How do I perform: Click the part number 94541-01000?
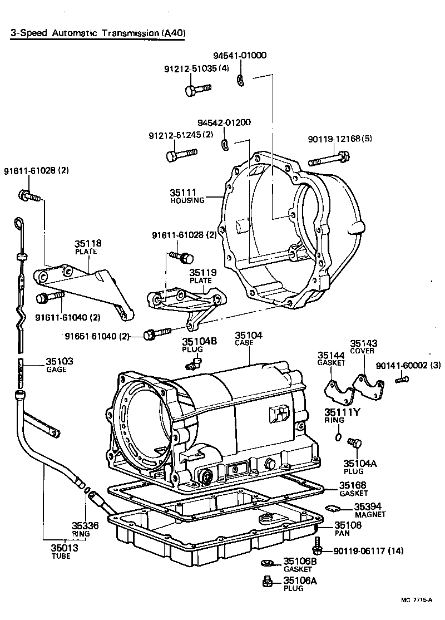tap(240, 56)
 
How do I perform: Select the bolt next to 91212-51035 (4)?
tap(197, 88)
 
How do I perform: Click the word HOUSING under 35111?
tap(187, 200)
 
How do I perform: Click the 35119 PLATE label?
tap(201, 276)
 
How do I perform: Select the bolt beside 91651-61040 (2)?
tap(157, 334)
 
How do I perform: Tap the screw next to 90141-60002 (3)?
tap(402, 380)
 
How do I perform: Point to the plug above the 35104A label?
tap(354, 443)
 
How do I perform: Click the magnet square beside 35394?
tap(332, 507)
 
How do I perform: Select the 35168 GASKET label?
tap(354, 489)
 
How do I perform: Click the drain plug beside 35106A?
tap(267, 582)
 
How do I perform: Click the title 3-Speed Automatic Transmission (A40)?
tap(97, 33)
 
